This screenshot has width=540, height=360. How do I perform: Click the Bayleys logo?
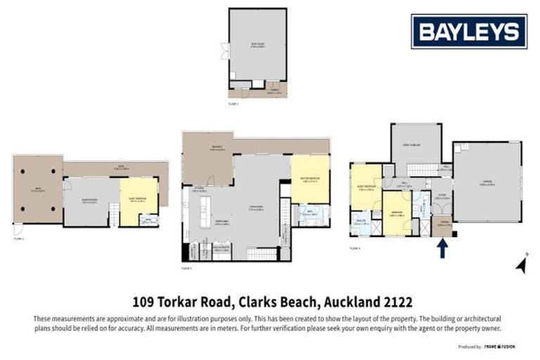(x=469, y=31)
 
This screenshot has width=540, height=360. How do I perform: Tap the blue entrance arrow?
(x=442, y=248)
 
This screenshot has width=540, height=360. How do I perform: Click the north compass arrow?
(x=521, y=264)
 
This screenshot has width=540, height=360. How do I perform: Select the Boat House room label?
(x=257, y=44)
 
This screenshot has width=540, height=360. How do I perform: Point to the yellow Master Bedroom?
(x=310, y=179)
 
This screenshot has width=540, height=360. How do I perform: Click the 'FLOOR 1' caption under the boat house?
(x=234, y=103)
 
